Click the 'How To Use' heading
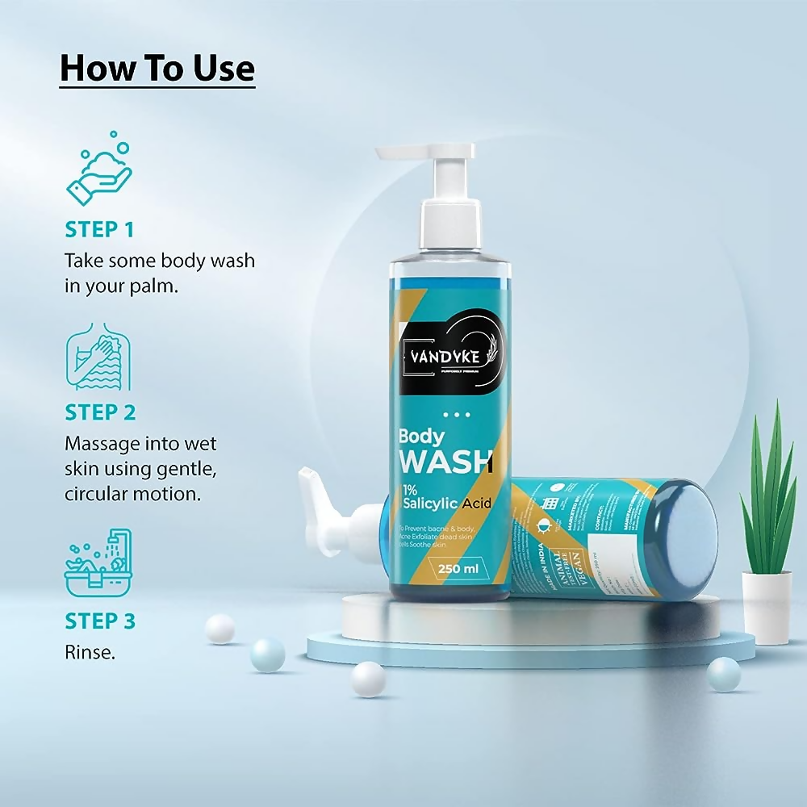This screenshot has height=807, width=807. [157, 68]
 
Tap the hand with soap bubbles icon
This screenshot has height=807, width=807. [98, 170]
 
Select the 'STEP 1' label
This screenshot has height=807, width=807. [99, 229]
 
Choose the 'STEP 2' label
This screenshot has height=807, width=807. [100, 412]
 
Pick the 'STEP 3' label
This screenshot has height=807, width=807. [100, 621]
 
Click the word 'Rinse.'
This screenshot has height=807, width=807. [90, 652]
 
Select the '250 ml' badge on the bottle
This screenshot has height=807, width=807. [458, 569]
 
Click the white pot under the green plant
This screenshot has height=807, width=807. [766, 606]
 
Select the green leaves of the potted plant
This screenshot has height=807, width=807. [768, 492]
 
